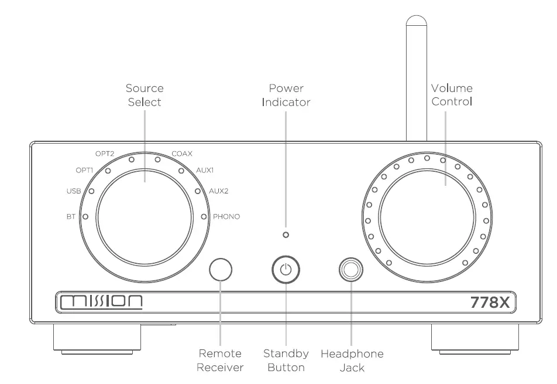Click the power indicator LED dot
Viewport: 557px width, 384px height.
tap(286, 235)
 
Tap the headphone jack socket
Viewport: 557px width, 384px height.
tap(351, 270)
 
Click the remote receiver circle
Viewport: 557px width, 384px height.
tap(221, 270)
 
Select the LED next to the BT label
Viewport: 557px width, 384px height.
tap(86, 216)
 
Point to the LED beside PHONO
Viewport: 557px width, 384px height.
tap(204, 216)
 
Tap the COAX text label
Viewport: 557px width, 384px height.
tap(182, 154)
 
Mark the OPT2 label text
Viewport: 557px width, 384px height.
tap(105, 154)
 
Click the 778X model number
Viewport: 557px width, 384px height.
tap(491, 303)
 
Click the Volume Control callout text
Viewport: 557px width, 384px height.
tap(452, 95)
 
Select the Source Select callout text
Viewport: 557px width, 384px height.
tap(145, 95)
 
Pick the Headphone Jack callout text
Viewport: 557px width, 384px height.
tap(352, 361)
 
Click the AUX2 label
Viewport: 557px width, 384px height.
tap(219, 191)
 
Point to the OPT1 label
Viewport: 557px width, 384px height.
tap(85, 170)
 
